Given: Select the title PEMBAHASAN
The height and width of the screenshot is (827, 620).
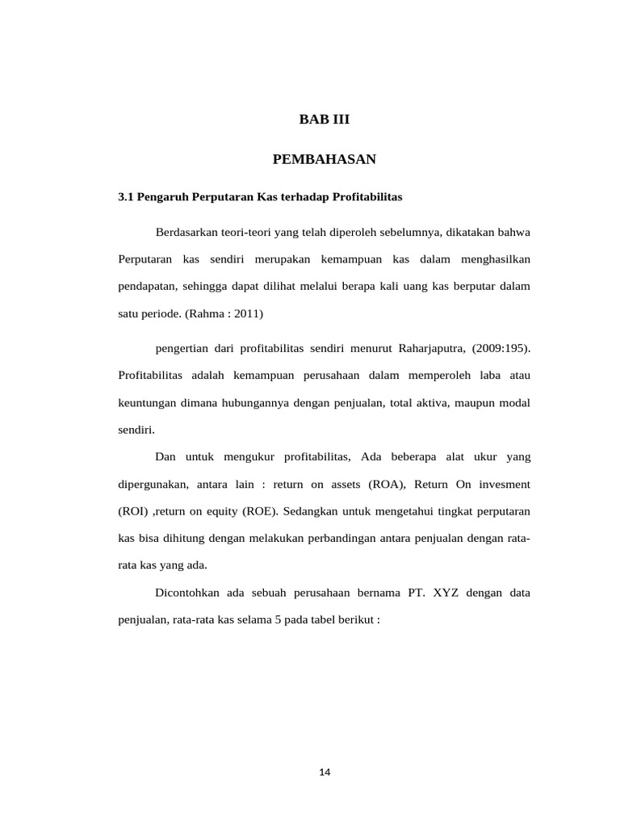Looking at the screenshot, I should coord(325,159).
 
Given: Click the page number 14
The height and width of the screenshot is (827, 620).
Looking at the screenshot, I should coord(325,772).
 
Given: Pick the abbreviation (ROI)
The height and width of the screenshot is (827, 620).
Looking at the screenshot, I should coord(133,512).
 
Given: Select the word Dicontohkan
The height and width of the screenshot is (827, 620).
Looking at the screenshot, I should coord(190,594).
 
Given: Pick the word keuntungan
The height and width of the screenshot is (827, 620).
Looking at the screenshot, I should coord(147,403).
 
